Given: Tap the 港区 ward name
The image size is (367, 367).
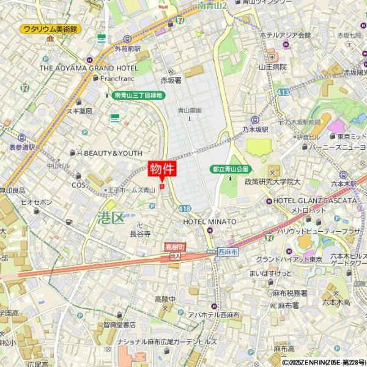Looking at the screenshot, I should coord(110,217).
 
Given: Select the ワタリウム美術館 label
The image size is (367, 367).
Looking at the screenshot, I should coord(50,29).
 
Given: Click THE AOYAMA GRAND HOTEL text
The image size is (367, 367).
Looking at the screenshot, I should coord(89,68).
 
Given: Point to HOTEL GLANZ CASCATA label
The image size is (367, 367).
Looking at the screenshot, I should coord(314,201).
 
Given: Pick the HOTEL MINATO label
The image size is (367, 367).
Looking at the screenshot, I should coord(209,221).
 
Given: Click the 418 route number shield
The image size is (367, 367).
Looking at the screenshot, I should coord(185,209).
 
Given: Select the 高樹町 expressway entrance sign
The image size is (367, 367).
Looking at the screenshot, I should coord(175,247).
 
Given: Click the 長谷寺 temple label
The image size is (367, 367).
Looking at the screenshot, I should coord(140,234).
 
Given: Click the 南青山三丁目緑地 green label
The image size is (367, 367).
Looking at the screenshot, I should coord(138,95).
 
